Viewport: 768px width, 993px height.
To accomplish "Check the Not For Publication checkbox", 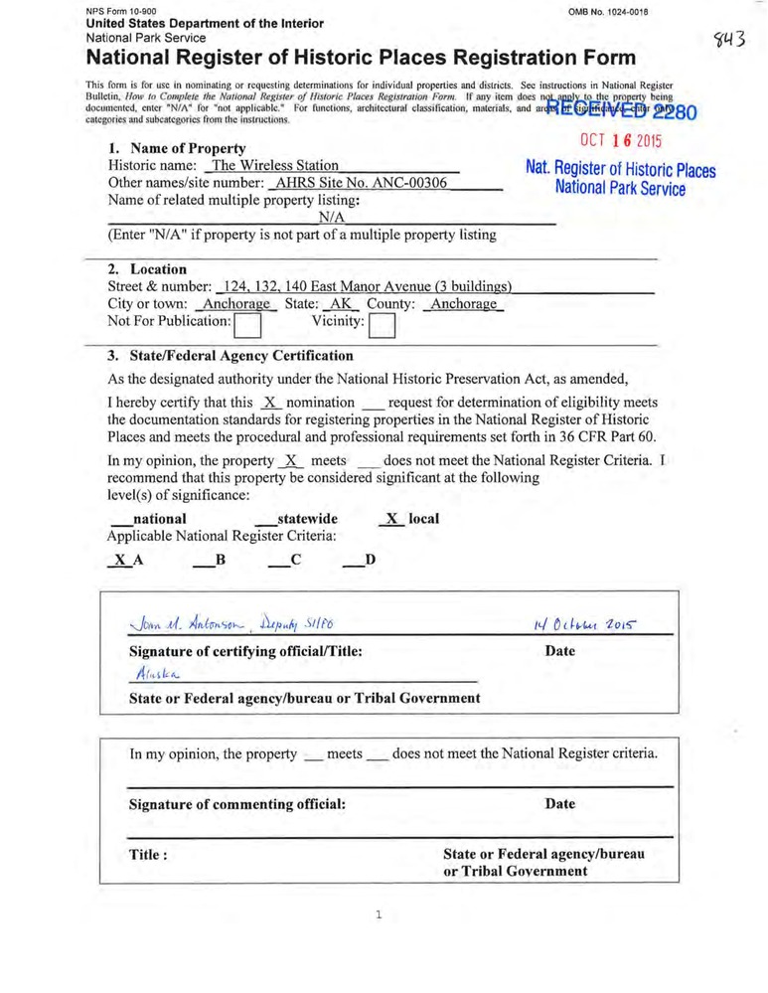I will click(246, 325).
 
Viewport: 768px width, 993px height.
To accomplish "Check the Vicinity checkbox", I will click(382, 325).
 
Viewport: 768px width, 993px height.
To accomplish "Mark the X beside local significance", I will click(392, 519).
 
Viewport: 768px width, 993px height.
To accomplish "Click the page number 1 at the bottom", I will click(380, 915).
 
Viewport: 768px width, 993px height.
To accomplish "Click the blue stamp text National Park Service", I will click(620, 188).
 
